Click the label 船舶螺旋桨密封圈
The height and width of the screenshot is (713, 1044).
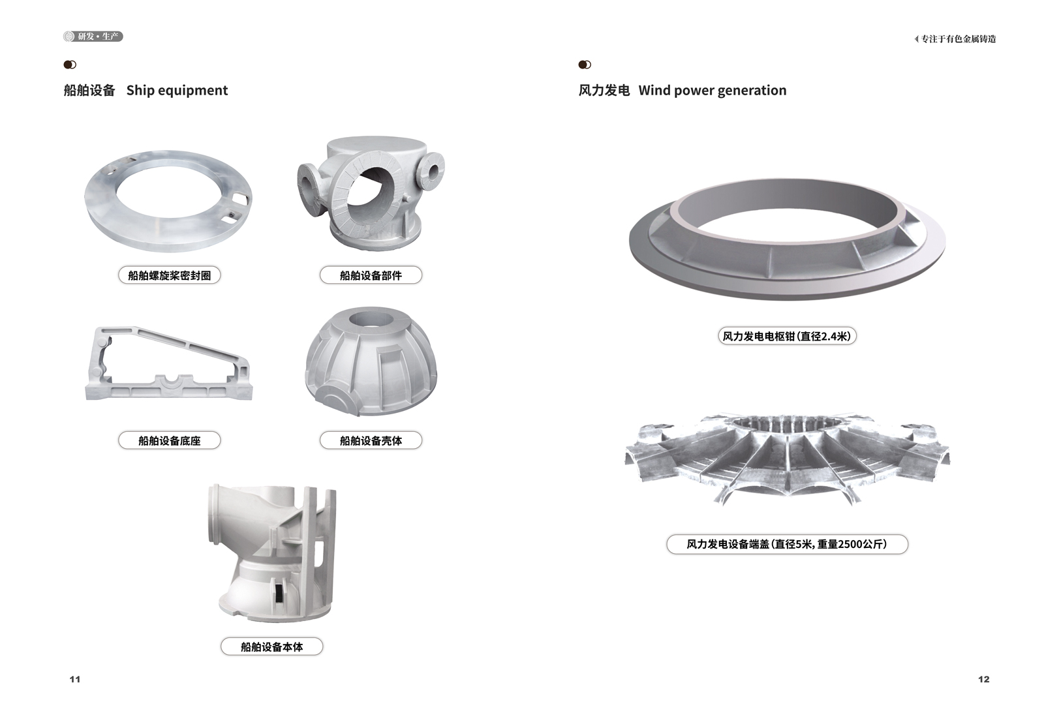click(x=169, y=275)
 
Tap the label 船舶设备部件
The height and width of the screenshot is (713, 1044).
click(x=371, y=275)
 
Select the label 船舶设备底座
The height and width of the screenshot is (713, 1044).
click(x=169, y=440)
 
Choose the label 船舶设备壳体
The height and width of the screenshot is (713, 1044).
click(x=371, y=440)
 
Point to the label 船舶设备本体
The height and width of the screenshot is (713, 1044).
click(x=271, y=646)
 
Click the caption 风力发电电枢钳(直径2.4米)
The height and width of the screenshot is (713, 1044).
click(x=787, y=336)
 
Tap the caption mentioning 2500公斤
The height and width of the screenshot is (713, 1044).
click(x=787, y=544)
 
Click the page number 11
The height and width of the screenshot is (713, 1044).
click(x=75, y=680)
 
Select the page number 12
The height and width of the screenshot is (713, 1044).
click(x=983, y=680)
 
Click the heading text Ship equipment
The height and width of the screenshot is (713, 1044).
click(x=177, y=90)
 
